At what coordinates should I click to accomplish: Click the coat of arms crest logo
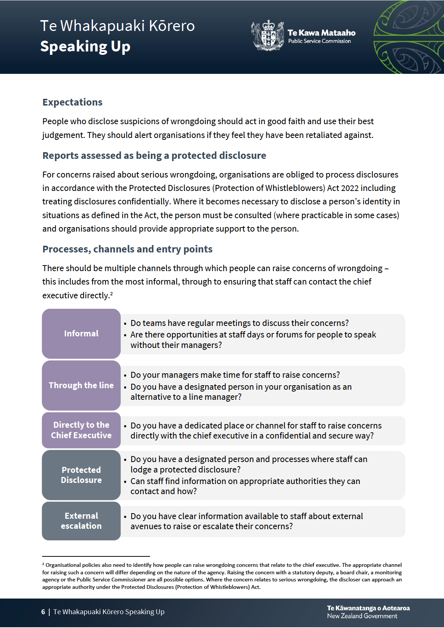tap(268, 36)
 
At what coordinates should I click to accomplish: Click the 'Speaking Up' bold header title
tap(85, 47)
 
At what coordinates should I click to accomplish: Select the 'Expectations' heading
tap(72, 102)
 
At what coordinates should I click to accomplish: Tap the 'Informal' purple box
tap(81, 333)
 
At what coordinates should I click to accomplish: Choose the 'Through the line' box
tap(81, 385)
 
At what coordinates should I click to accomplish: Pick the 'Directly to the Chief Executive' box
tap(81, 430)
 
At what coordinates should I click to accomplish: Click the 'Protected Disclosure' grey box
tap(81, 475)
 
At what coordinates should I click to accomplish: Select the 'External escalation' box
tap(81, 521)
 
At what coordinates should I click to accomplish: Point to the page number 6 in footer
tap(43, 612)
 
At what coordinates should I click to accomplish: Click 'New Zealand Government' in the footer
tap(362, 616)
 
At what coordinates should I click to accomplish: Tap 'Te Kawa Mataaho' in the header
tap(321, 33)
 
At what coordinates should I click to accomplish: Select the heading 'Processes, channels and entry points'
tap(127, 249)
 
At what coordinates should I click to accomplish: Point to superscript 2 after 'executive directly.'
tap(111, 293)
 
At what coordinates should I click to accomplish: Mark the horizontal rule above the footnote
tap(96, 556)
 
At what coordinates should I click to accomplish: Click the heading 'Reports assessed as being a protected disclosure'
tap(154, 156)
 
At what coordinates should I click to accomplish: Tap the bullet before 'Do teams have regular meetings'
tap(125, 324)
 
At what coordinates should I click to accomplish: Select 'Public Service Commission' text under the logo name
tap(319, 41)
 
